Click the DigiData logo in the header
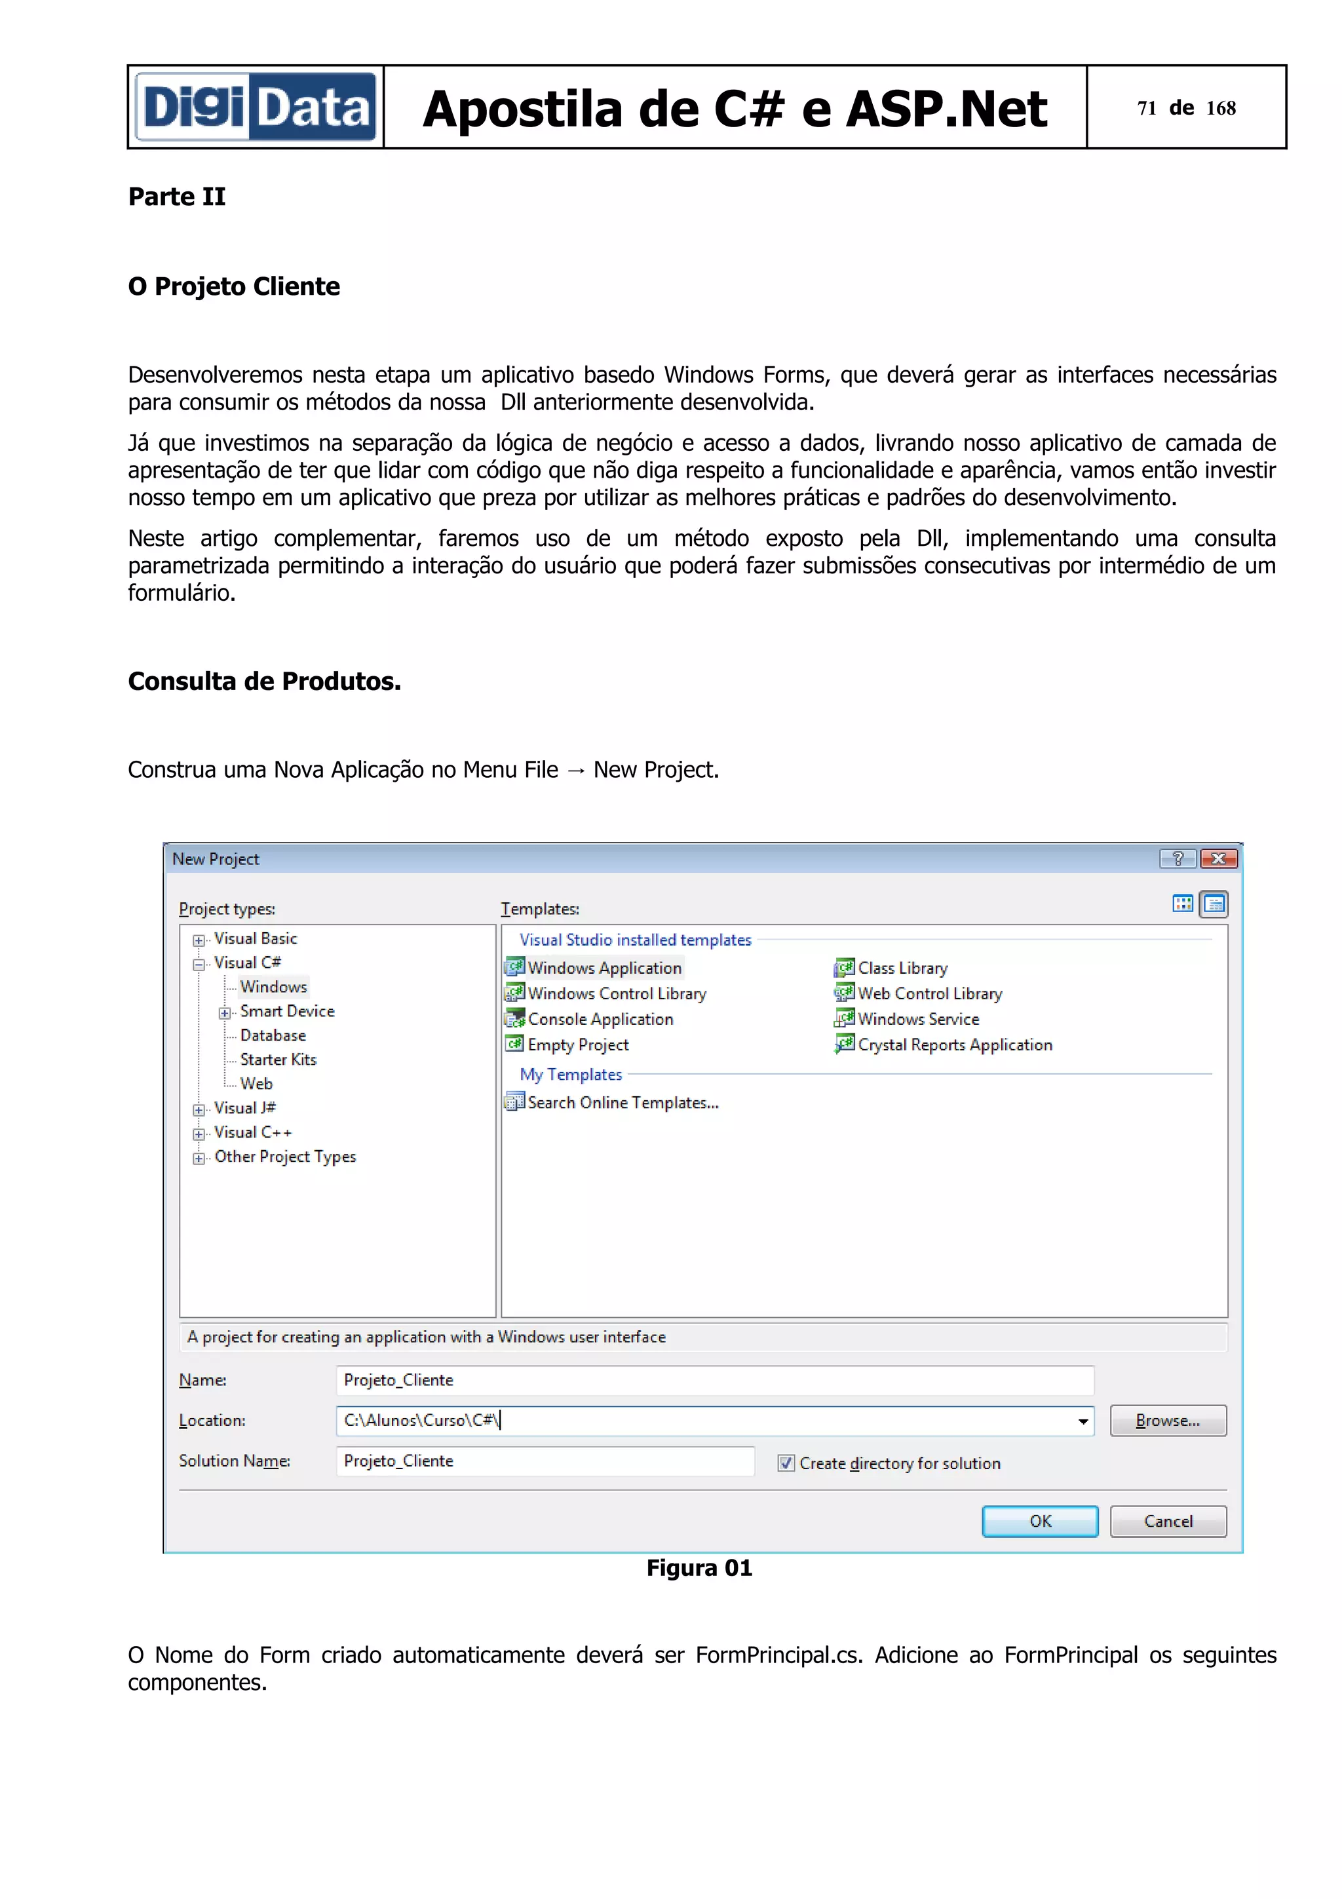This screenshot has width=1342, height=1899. tap(256, 107)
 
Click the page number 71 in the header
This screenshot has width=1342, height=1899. tap(1146, 108)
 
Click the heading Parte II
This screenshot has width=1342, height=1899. tap(176, 197)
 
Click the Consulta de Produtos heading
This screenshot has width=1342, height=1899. tap(264, 681)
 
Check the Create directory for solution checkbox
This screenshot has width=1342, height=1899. tap(786, 1463)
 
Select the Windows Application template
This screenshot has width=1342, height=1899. tap(604, 968)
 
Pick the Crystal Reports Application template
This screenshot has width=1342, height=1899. tap(953, 1045)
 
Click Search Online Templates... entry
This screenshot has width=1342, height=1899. tap(622, 1103)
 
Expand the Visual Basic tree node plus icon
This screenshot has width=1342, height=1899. tap(199, 940)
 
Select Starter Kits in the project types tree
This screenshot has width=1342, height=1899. tap(278, 1060)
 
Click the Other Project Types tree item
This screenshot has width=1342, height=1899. tap(284, 1157)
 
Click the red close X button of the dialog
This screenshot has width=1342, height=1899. tap(1218, 858)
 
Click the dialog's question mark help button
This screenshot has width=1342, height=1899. tap(1178, 858)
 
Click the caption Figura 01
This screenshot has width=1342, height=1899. tap(699, 1568)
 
